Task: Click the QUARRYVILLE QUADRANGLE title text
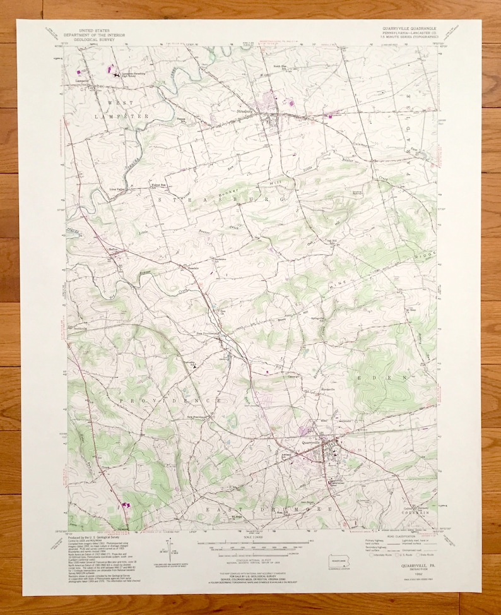[x=408, y=28]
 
